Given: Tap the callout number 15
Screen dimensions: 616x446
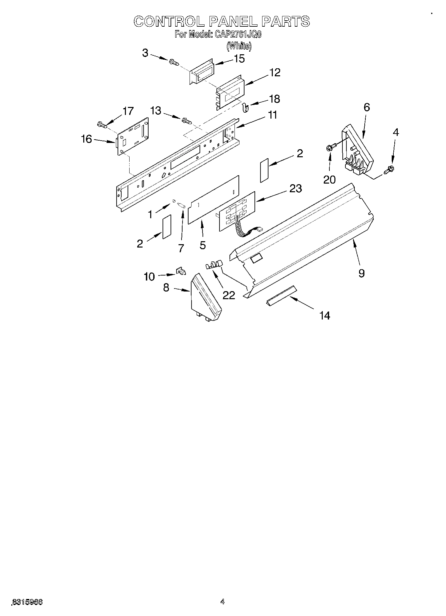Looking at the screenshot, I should (239, 59).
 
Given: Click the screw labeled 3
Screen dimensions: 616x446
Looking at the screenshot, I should (174, 62).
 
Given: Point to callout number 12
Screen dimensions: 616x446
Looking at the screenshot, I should (275, 73).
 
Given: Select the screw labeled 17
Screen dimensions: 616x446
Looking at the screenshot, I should (102, 125).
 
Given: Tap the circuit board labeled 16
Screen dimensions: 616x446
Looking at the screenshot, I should (133, 137).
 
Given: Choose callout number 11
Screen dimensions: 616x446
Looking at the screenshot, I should (272, 115).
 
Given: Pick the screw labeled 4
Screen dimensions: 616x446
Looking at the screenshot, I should (389, 170).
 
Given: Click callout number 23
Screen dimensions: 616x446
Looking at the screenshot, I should (295, 189).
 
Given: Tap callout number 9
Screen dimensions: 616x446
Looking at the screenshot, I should (362, 273).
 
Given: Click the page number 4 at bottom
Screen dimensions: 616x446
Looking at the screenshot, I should (223, 601).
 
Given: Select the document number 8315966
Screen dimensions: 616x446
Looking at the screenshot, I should (27, 601).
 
